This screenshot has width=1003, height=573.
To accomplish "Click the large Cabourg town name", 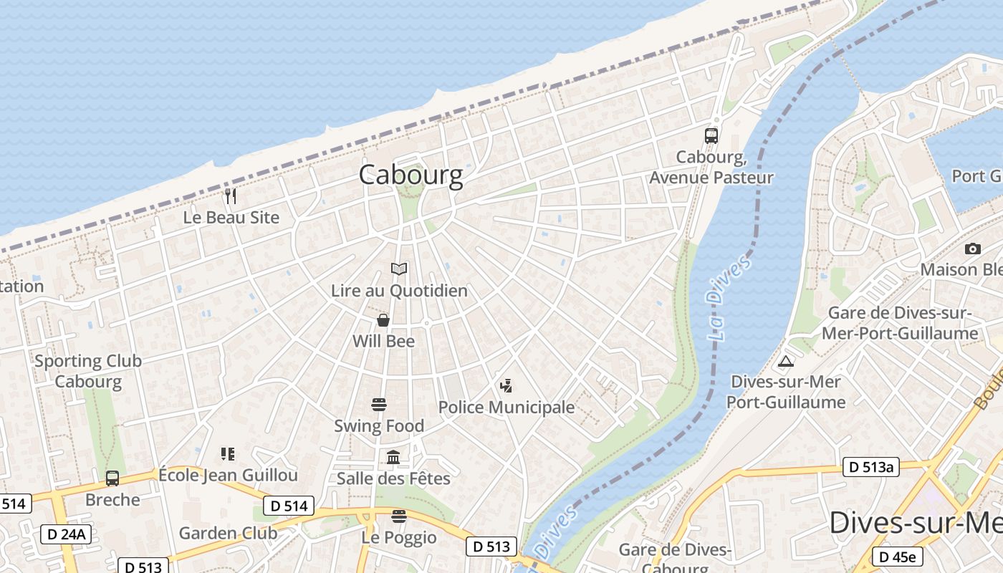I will point(411,175).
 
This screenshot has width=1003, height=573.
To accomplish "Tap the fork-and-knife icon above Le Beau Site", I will point(231,196).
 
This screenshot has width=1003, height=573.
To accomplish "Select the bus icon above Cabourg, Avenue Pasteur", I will point(711,136).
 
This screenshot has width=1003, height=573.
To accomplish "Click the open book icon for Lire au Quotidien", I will point(399,269).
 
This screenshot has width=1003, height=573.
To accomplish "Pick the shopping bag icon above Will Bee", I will point(383,319).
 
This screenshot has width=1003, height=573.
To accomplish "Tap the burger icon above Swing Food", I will point(379,405).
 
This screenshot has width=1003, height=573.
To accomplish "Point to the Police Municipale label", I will point(506,407).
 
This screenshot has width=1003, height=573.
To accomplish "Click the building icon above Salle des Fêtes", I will point(393,457).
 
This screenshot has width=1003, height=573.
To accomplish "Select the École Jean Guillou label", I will point(228,475).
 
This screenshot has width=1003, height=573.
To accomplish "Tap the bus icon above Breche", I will point(112,478).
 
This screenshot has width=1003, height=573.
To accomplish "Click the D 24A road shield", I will point(66,534).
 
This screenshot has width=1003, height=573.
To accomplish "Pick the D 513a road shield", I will point(870,467).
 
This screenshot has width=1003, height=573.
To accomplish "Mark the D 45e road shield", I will point(897,557).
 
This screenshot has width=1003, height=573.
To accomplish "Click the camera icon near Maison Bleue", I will point(972,249).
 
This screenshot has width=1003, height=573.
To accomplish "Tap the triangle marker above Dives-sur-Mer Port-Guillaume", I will point(786,361).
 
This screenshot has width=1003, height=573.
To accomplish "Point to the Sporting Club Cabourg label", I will point(88,371).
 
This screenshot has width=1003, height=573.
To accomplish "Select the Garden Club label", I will point(228,533).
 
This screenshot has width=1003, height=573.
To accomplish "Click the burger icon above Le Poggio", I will point(399,516).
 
